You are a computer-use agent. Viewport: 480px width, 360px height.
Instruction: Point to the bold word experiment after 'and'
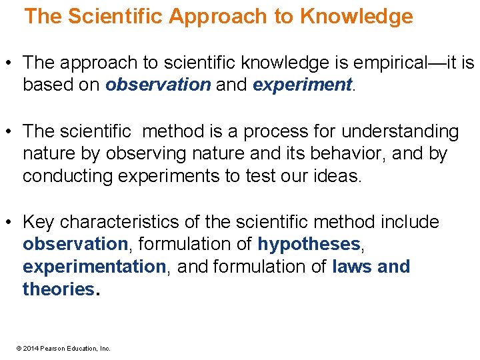[x=302, y=85]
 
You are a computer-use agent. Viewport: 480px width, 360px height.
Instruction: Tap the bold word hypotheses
[x=309, y=244]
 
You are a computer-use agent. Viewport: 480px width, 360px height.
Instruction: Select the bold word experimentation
[x=94, y=267]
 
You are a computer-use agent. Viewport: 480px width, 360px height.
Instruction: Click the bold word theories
[x=59, y=289]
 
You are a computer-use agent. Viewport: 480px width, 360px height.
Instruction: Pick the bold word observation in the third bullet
[x=75, y=244]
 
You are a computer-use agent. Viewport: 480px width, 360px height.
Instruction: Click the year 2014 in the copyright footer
[x=31, y=348]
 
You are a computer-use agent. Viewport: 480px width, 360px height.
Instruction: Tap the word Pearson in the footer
[x=53, y=348]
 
